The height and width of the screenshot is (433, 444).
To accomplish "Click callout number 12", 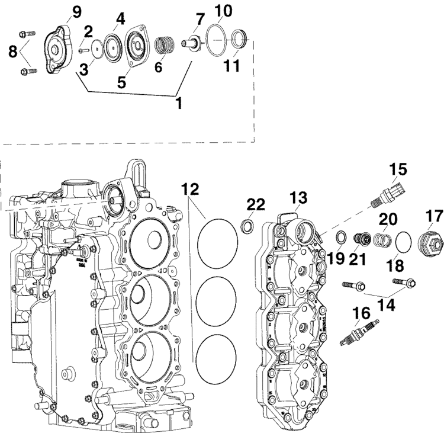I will click(191, 191).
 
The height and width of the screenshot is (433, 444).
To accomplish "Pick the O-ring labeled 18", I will click(403, 242).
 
